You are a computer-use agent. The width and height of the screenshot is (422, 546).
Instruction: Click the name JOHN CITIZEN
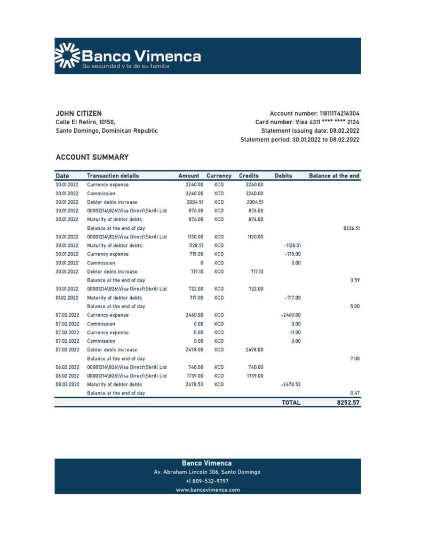click(x=78, y=114)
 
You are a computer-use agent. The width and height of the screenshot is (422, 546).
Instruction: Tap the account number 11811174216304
click(x=339, y=114)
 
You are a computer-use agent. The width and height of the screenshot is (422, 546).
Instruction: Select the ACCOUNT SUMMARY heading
click(x=92, y=157)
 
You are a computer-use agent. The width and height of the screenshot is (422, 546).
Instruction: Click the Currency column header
click(x=219, y=176)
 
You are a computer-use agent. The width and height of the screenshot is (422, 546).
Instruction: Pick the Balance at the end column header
click(x=334, y=176)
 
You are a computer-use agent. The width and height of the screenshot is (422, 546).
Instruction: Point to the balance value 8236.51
click(x=351, y=228)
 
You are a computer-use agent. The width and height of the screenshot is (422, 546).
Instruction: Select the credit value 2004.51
click(x=254, y=202)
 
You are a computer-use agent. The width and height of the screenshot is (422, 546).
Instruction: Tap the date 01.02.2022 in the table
click(x=67, y=298)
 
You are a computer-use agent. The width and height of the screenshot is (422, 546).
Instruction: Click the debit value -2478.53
click(x=291, y=384)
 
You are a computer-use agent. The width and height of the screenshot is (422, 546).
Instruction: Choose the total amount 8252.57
click(x=348, y=403)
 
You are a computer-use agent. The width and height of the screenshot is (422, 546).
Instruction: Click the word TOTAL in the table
click(x=291, y=403)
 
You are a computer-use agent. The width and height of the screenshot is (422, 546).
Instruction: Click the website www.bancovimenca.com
click(x=208, y=490)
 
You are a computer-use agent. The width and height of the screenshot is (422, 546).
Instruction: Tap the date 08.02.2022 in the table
click(x=67, y=384)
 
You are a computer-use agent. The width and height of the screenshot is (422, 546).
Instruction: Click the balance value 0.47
click(x=355, y=393)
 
